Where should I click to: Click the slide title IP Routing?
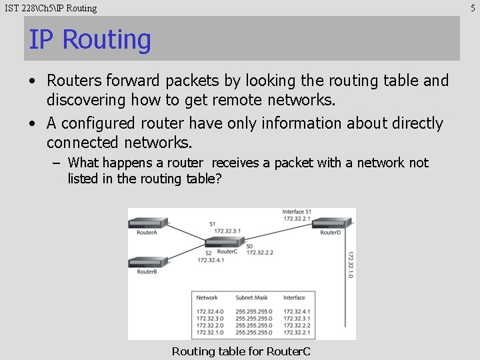click(x=90, y=39)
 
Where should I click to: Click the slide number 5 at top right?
click(x=473, y=8)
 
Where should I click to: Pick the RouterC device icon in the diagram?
click(x=227, y=244)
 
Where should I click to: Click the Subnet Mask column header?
click(x=251, y=298)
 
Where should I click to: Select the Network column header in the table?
click(x=207, y=298)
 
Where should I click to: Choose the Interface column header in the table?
click(x=294, y=298)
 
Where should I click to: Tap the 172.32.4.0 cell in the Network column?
click(x=211, y=311)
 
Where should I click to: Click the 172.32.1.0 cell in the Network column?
click(x=211, y=332)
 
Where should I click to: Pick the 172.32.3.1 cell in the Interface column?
click(x=297, y=319)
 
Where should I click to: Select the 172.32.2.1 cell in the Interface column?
click(x=297, y=332)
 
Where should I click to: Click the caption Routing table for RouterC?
click(x=241, y=351)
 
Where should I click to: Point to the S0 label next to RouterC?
click(x=249, y=246)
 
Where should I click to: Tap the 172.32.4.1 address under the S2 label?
click(x=211, y=260)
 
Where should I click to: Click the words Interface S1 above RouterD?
click(x=297, y=212)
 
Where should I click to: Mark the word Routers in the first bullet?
click(x=73, y=81)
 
